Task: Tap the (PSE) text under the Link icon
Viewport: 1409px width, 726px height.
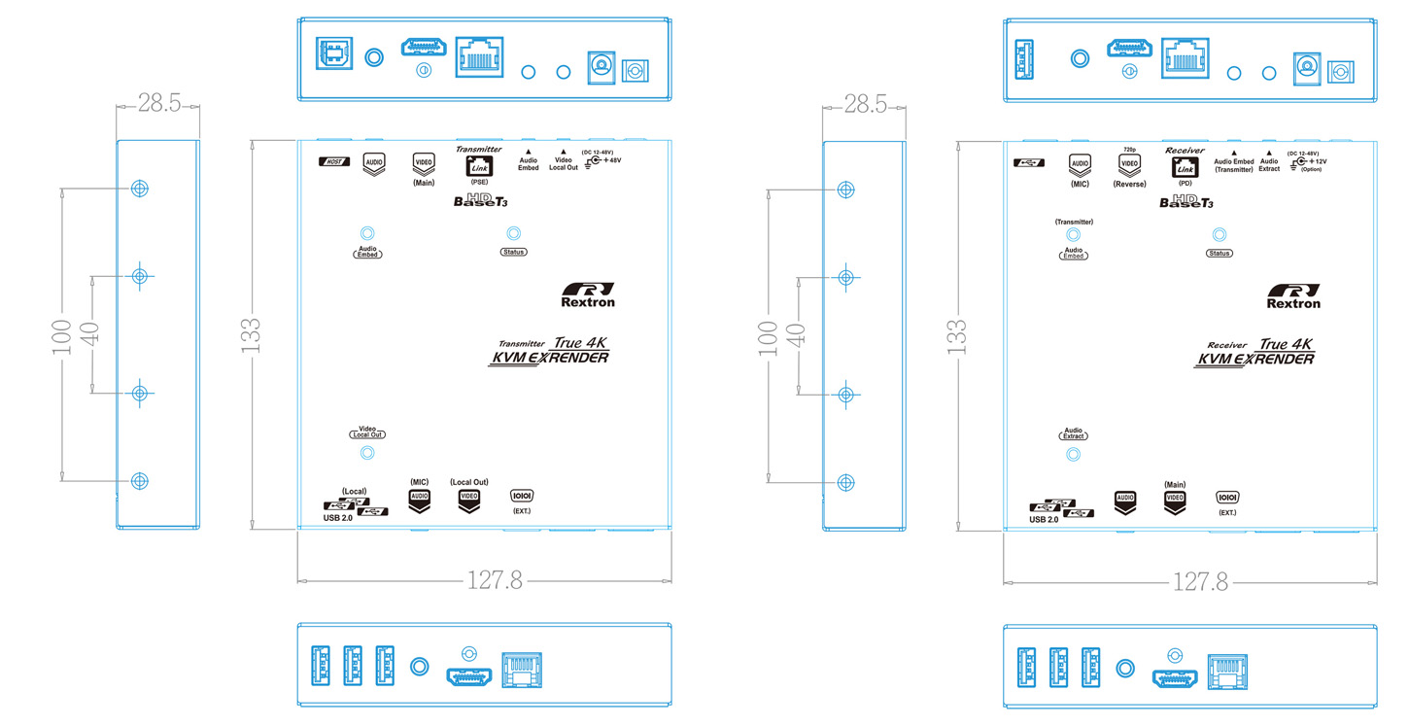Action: pyautogui.click(x=479, y=182)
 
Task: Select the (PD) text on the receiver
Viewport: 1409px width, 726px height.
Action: pyautogui.click(x=1185, y=182)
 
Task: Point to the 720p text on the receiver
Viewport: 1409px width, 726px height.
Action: pyautogui.click(x=1129, y=150)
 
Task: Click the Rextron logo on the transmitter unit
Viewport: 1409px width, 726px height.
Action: pyautogui.click(x=588, y=294)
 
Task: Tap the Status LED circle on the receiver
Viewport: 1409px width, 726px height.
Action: pyautogui.click(x=1219, y=234)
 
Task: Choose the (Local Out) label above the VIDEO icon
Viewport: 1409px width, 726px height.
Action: pyautogui.click(x=468, y=482)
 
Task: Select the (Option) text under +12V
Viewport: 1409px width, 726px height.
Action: pyautogui.click(x=1312, y=169)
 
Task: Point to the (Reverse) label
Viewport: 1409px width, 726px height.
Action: pyautogui.click(x=1129, y=184)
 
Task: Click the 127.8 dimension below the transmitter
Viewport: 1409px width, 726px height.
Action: pyautogui.click(x=495, y=581)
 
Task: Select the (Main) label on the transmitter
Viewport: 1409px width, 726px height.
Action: pyautogui.click(x=424, y=183)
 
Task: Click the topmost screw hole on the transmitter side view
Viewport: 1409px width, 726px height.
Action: pyautogui.click(x=140, y=188)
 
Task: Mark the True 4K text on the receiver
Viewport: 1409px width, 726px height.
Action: pyautogui.click(x=1286, y=344)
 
